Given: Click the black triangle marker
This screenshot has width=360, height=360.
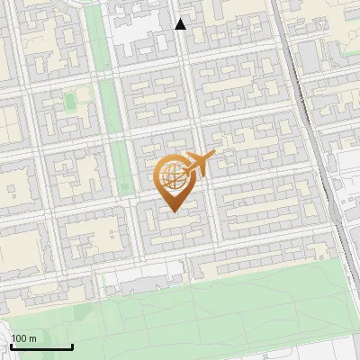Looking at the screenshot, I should click(181, 24).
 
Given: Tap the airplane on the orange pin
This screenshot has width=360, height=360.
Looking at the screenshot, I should click(197, 165).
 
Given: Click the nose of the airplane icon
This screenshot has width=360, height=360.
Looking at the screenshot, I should click(213, 157).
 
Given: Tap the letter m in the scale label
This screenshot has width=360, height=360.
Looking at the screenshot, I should click(33, 338).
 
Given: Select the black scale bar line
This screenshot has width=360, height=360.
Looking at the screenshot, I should click(41, 346).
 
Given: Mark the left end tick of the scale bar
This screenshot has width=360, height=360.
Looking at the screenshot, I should click(12, 345).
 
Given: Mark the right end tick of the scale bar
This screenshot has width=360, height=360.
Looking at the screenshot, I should click(72, 345).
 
